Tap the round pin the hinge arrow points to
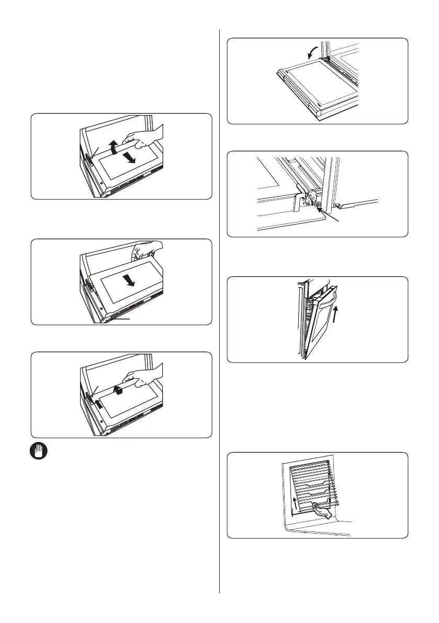[x=317, y=203]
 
